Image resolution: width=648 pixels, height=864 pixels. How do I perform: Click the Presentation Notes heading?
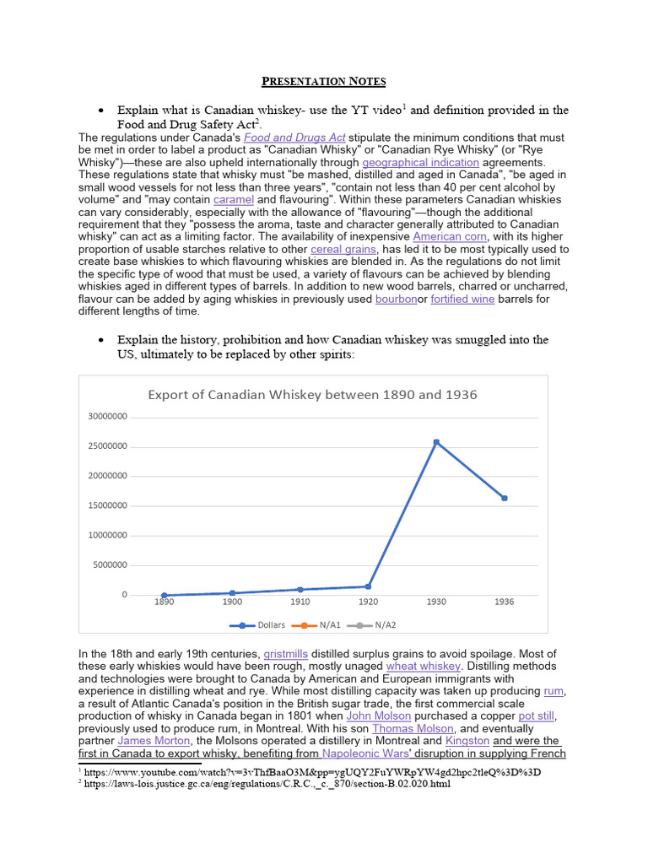click(x=323, y=82)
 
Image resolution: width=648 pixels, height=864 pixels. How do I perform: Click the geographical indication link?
click(x=420, y=162)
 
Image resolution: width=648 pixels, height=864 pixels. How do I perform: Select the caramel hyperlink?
click(x=233, y=199)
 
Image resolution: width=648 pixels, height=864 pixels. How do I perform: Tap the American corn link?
click(x=445, y=236)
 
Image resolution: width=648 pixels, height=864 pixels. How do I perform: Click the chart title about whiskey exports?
click(x=312, y=394)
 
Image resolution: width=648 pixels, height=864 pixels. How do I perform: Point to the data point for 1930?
click(x=436, y=442)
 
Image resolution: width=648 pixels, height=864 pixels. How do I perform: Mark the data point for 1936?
click(x=505, y=498)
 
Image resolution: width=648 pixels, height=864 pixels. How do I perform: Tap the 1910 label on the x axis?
click(x=300, y=602)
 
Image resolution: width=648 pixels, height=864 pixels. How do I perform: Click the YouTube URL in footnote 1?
click(x=312, y=772)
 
